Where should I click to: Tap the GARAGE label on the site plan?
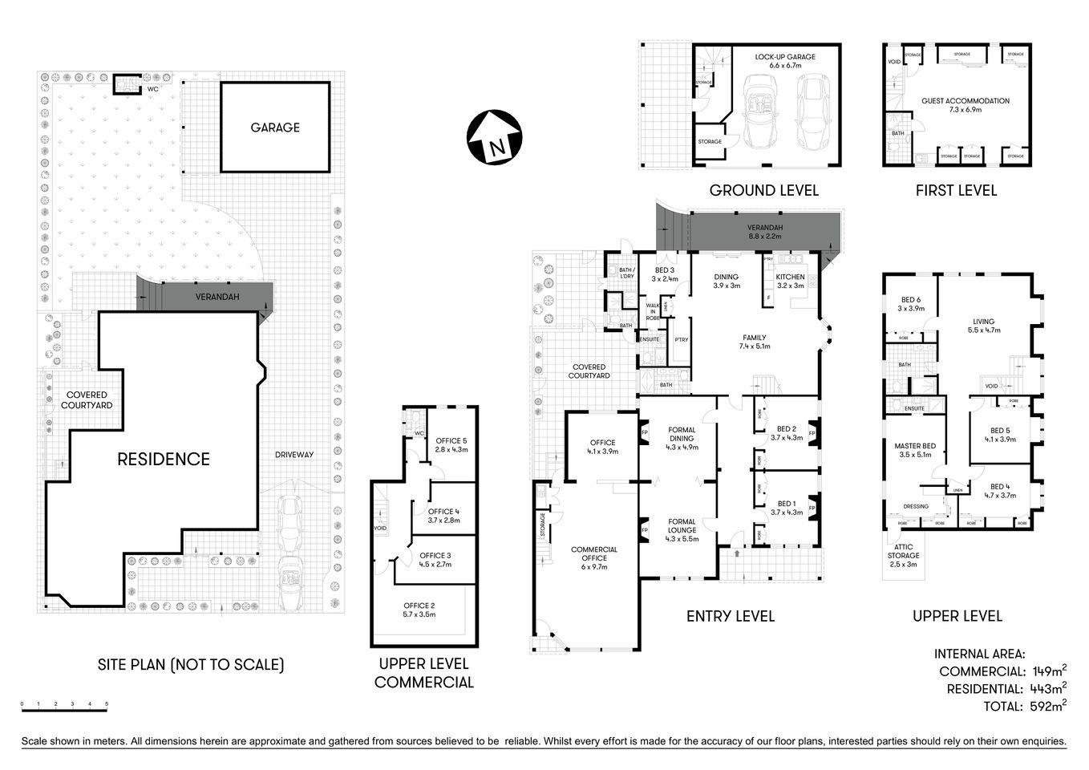[x=275, y=128]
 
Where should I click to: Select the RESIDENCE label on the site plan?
[x=164, y=459]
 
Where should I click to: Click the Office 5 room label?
[x=451, y=445]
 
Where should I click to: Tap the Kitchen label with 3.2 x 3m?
[x=789, y=281]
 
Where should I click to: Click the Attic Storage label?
[x=903, y=555]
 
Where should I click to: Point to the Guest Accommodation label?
[x=954, y=105]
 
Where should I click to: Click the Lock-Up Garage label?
[x=784, y=61]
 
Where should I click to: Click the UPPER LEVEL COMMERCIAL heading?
[x=423, y=674]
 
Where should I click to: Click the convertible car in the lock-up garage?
[x=757, y=112]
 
